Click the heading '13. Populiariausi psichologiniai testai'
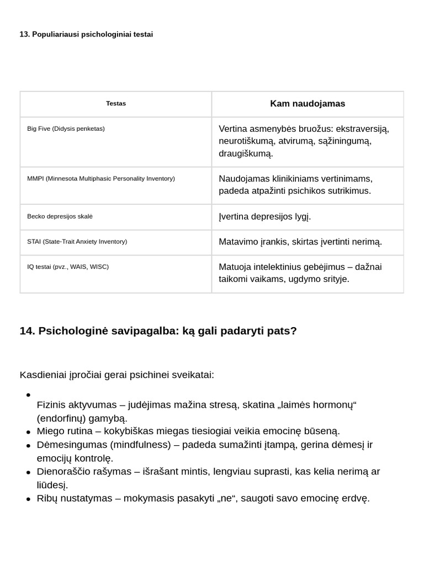[x=86, y=34]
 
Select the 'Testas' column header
[x=116, y=104]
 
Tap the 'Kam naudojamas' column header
[x=308, y=104]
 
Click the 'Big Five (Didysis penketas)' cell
[x=66, y=129]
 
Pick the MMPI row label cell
[x=101, y=179]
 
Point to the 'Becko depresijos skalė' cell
[x=60, y=216]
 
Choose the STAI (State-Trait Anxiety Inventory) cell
[x=77, y=242]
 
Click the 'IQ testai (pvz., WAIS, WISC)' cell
[x=68, y=267]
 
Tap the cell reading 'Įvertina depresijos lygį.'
[x=265, y=216]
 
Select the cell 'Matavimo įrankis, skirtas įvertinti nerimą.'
[x=300, y=242]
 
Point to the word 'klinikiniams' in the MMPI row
[x=286, y=179]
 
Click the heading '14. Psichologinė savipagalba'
[x=158, y=331]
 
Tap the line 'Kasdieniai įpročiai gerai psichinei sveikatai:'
[x=117, y=375]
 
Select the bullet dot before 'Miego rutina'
[x=28, y=431]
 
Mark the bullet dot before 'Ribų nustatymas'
[x=28, y=499]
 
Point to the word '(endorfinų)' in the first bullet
[x=60, y=418]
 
